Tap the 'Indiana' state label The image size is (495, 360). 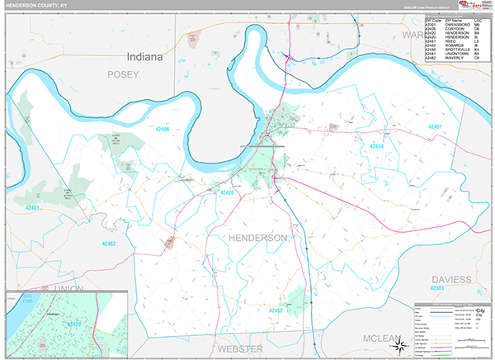point(146,57)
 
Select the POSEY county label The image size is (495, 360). point(120,74)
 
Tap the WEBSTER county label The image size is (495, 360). point(240,349)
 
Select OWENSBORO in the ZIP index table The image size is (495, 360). point(458,25)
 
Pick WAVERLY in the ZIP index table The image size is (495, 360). point(455,58)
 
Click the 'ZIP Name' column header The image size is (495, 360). point(455,20)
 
